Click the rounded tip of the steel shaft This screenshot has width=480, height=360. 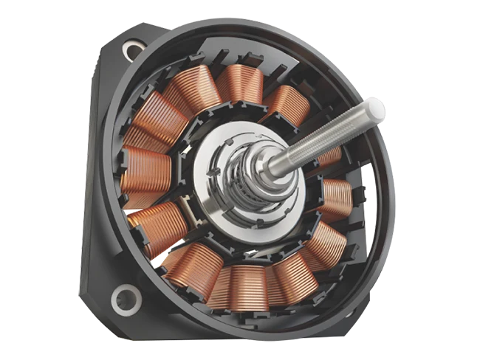point(376,110)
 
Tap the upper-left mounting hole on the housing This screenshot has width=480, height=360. point(133,51)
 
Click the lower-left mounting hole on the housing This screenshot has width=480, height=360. point(126,299)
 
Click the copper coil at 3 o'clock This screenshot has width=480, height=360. point(337,198)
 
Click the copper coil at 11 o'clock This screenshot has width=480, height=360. point(193,91)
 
